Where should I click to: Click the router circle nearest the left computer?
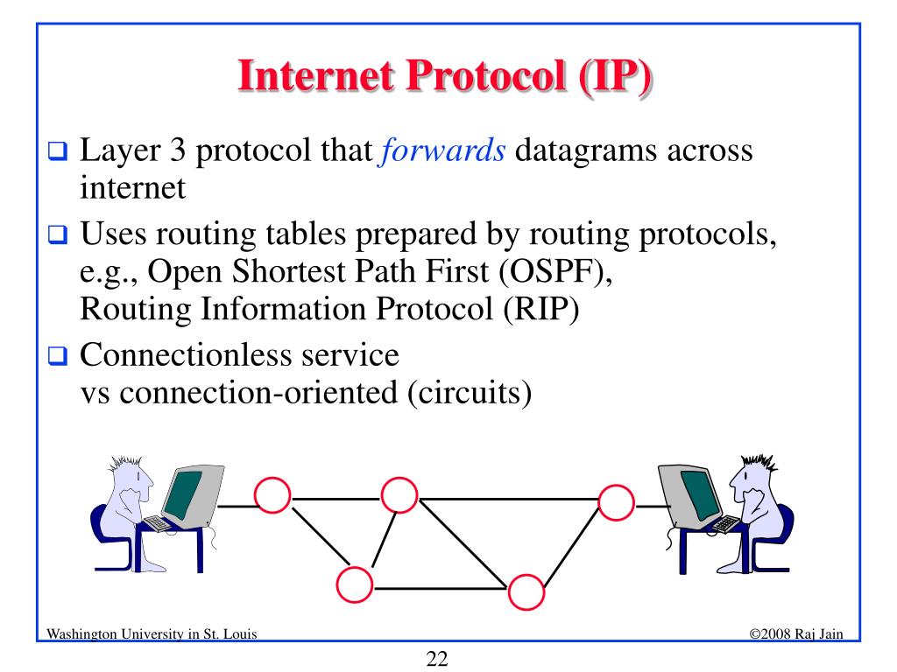pyautogui.click(x=272, y=496)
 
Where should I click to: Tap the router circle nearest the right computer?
pyautogui.click(x=616, y=501)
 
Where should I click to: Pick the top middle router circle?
pyautogui.click(x=399, y=494)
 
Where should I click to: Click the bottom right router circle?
pyautogui.click(x=525, y=593)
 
